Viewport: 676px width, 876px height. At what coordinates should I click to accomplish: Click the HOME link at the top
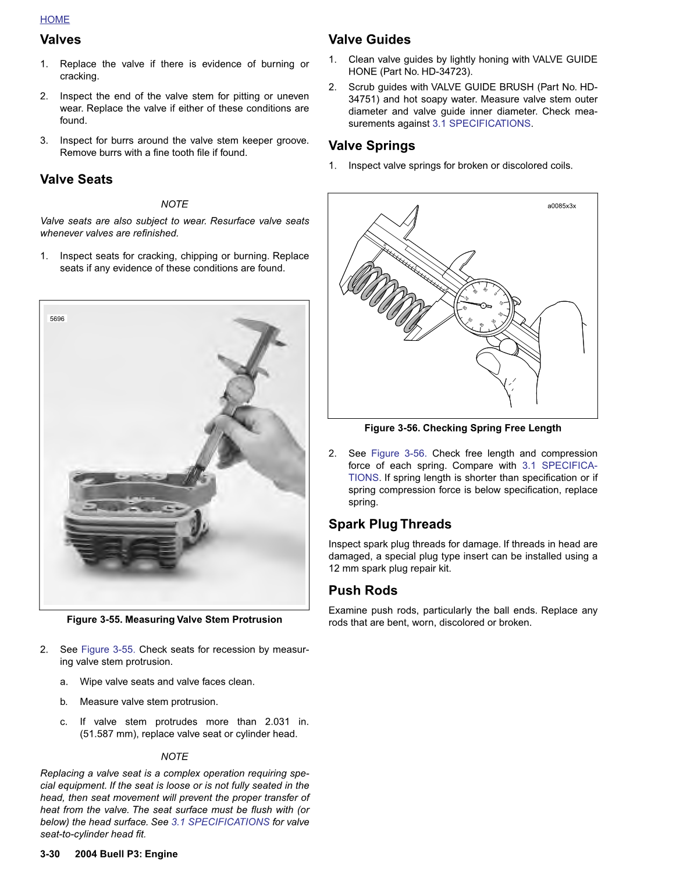[55, 20]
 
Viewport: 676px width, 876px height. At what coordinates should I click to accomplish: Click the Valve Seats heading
[76, 179]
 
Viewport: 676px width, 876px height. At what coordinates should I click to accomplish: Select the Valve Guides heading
[369, 40]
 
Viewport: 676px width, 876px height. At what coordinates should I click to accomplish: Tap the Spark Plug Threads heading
[390, 524]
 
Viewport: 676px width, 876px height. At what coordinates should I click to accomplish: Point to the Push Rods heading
[363, 590]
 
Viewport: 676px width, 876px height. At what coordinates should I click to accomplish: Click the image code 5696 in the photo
[57, 319]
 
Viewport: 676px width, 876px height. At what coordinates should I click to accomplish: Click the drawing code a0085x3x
[561, 206]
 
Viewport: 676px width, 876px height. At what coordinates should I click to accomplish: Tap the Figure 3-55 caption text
[174, 619]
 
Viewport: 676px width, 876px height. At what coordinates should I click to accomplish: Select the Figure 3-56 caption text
[462, 428]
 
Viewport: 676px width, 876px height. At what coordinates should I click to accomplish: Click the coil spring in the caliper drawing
[390, 297]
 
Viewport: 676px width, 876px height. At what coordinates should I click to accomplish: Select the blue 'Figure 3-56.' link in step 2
[399, 453]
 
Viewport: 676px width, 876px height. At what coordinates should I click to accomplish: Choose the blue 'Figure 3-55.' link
[108, 649]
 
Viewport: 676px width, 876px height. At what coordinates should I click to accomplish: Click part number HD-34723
[446, 72]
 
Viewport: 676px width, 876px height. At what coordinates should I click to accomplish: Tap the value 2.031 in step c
[277, 721]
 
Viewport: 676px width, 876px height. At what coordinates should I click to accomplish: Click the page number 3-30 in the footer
[50, 854]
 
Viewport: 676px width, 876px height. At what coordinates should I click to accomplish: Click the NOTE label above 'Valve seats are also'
[175, 204]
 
